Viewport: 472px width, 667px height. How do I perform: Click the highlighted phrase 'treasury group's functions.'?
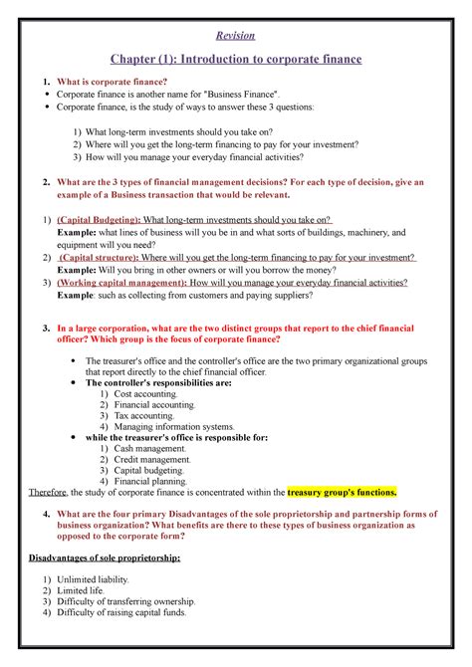pyautogui.click(x=342, y=492)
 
